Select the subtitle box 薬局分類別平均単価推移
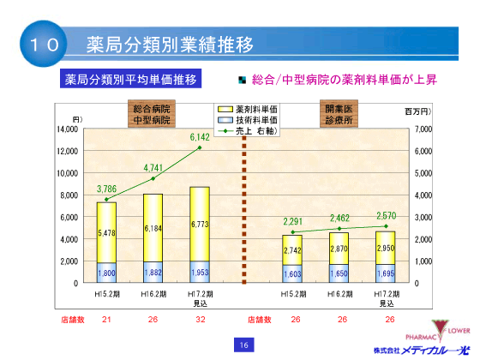132,80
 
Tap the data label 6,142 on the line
199,136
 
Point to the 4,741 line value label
153,167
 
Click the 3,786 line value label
107,189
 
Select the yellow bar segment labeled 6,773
199,224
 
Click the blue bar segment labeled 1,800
107,273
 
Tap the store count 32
199,319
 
